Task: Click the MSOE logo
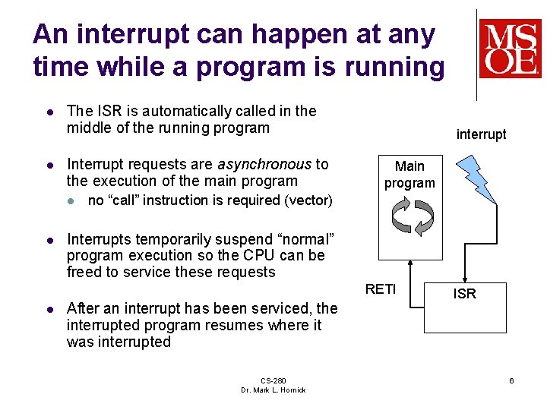[x=509, y=49]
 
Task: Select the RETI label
[x=381, y=289]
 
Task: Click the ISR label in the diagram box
[x=464, y=294]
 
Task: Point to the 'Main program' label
[x=409, y=174]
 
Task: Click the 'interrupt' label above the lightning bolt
[x=481, y=134]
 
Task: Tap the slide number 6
[x=512, y=380]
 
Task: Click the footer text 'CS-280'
[x=273, y=380]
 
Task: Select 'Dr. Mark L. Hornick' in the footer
[x=273, y=389]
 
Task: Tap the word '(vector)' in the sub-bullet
[x=308, y=200]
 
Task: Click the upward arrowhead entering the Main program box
[x=409, y=264]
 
